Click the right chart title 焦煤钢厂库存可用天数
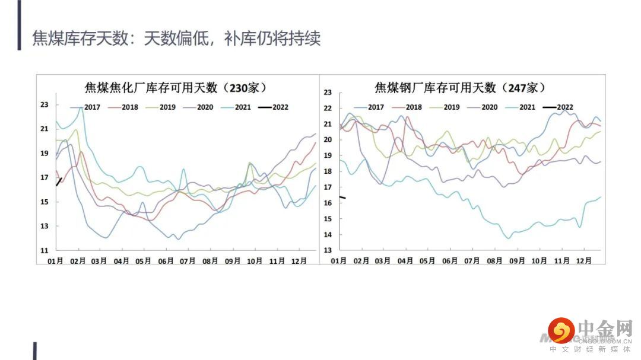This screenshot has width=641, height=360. (459, 88)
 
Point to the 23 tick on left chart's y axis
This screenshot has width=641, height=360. (45, 105)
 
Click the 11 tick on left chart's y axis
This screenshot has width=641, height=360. (45, 251)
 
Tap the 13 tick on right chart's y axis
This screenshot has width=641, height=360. (327, 251)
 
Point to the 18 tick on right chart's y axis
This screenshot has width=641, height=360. (327, 171)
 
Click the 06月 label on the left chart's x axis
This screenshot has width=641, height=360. (167, 260)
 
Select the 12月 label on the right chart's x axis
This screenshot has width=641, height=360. (585, 260)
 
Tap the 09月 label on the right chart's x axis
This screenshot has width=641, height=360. (518, 260)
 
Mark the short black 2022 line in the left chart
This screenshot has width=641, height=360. (59, 181)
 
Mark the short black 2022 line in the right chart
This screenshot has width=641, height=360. (342, 197)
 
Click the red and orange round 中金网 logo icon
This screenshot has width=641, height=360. (561, 330)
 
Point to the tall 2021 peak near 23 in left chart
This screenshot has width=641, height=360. (81, 109)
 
